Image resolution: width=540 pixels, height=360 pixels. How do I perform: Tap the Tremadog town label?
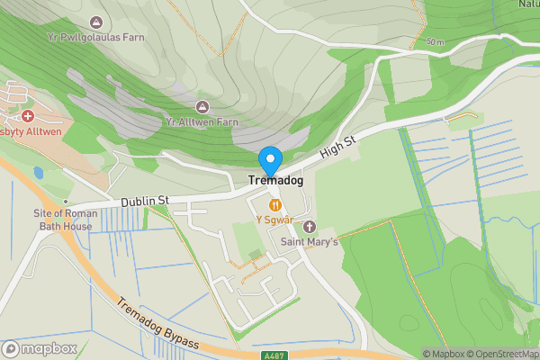coord(275,181)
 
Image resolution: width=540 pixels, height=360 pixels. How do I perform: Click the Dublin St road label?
coord(146,201)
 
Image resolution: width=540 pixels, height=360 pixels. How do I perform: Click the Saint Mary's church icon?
coord(310,226)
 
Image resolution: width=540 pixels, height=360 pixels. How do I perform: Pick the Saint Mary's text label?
coord(310,242)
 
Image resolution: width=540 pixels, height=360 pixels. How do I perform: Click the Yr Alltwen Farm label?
coord(202,121)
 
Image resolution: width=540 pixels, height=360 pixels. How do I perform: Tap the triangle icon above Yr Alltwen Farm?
coord(201,107)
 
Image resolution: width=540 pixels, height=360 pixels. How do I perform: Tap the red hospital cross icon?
coord(28,116)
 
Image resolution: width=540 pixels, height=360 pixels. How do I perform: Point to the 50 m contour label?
coord(436,42)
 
